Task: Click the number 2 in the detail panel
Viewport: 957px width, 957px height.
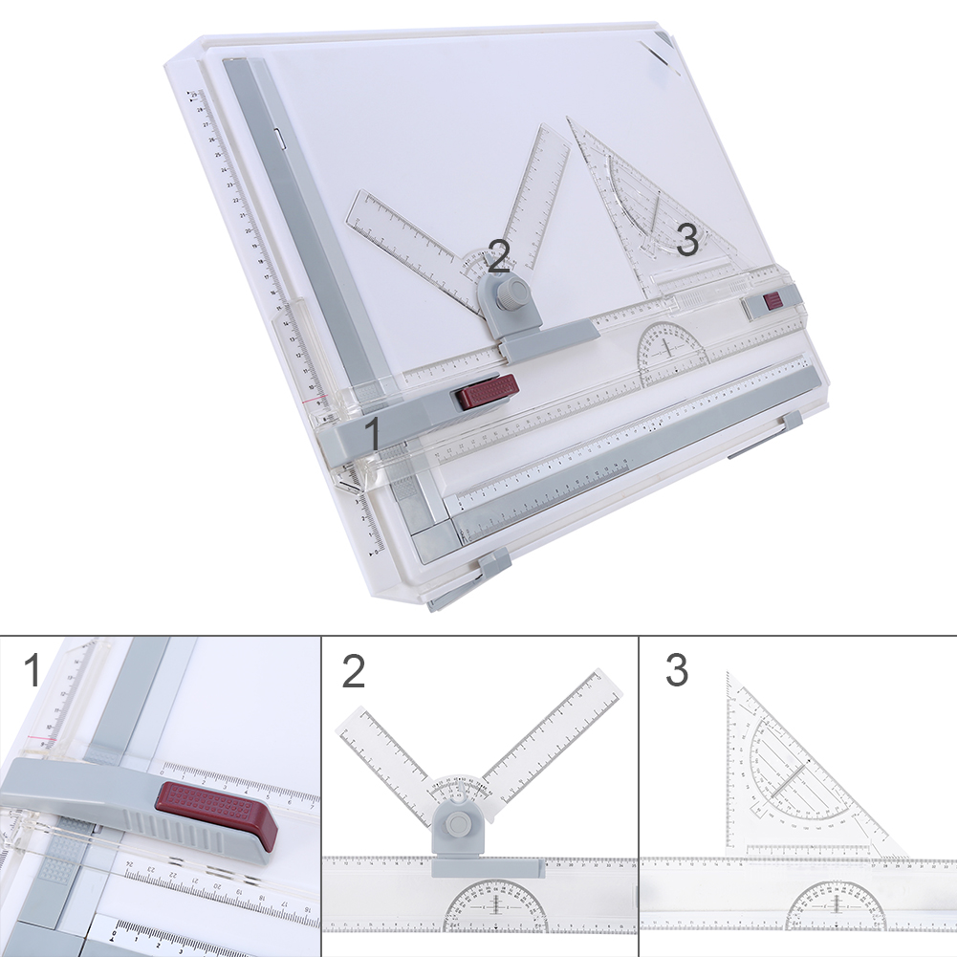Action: tap(354, 671)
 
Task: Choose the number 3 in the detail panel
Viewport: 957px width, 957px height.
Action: tap(676, 671)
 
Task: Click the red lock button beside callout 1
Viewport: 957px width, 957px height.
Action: tap(488, 392)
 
